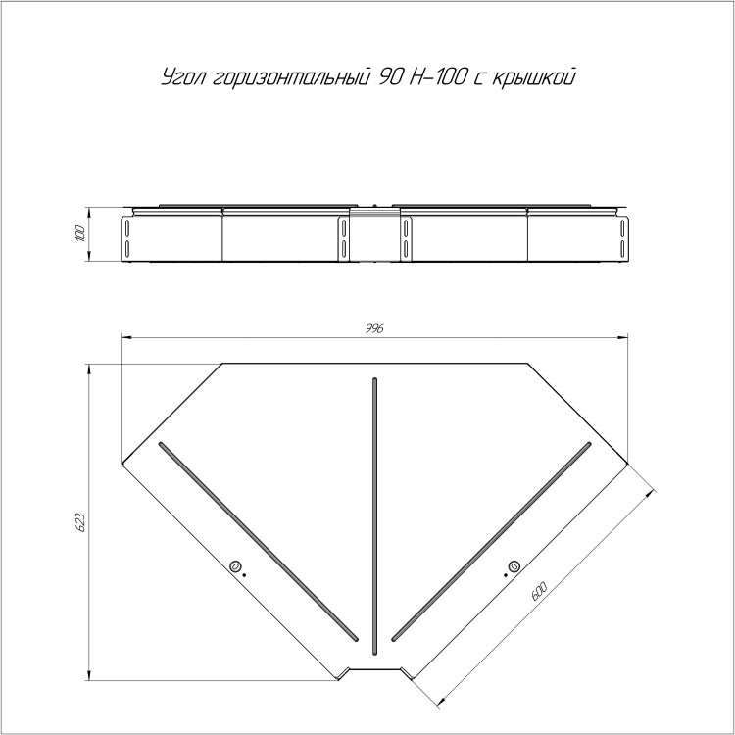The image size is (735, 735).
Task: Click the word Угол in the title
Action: point(184,77)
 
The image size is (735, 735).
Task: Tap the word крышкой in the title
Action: point(533,77)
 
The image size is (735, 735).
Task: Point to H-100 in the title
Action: point(438,77)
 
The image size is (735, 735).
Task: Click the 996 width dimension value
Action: point(374,328)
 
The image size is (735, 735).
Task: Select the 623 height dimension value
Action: point(80,522)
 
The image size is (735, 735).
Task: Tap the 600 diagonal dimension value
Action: point(539,591)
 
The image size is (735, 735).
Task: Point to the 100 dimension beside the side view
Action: point(80,233)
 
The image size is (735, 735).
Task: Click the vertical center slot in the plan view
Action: point(374,516)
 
